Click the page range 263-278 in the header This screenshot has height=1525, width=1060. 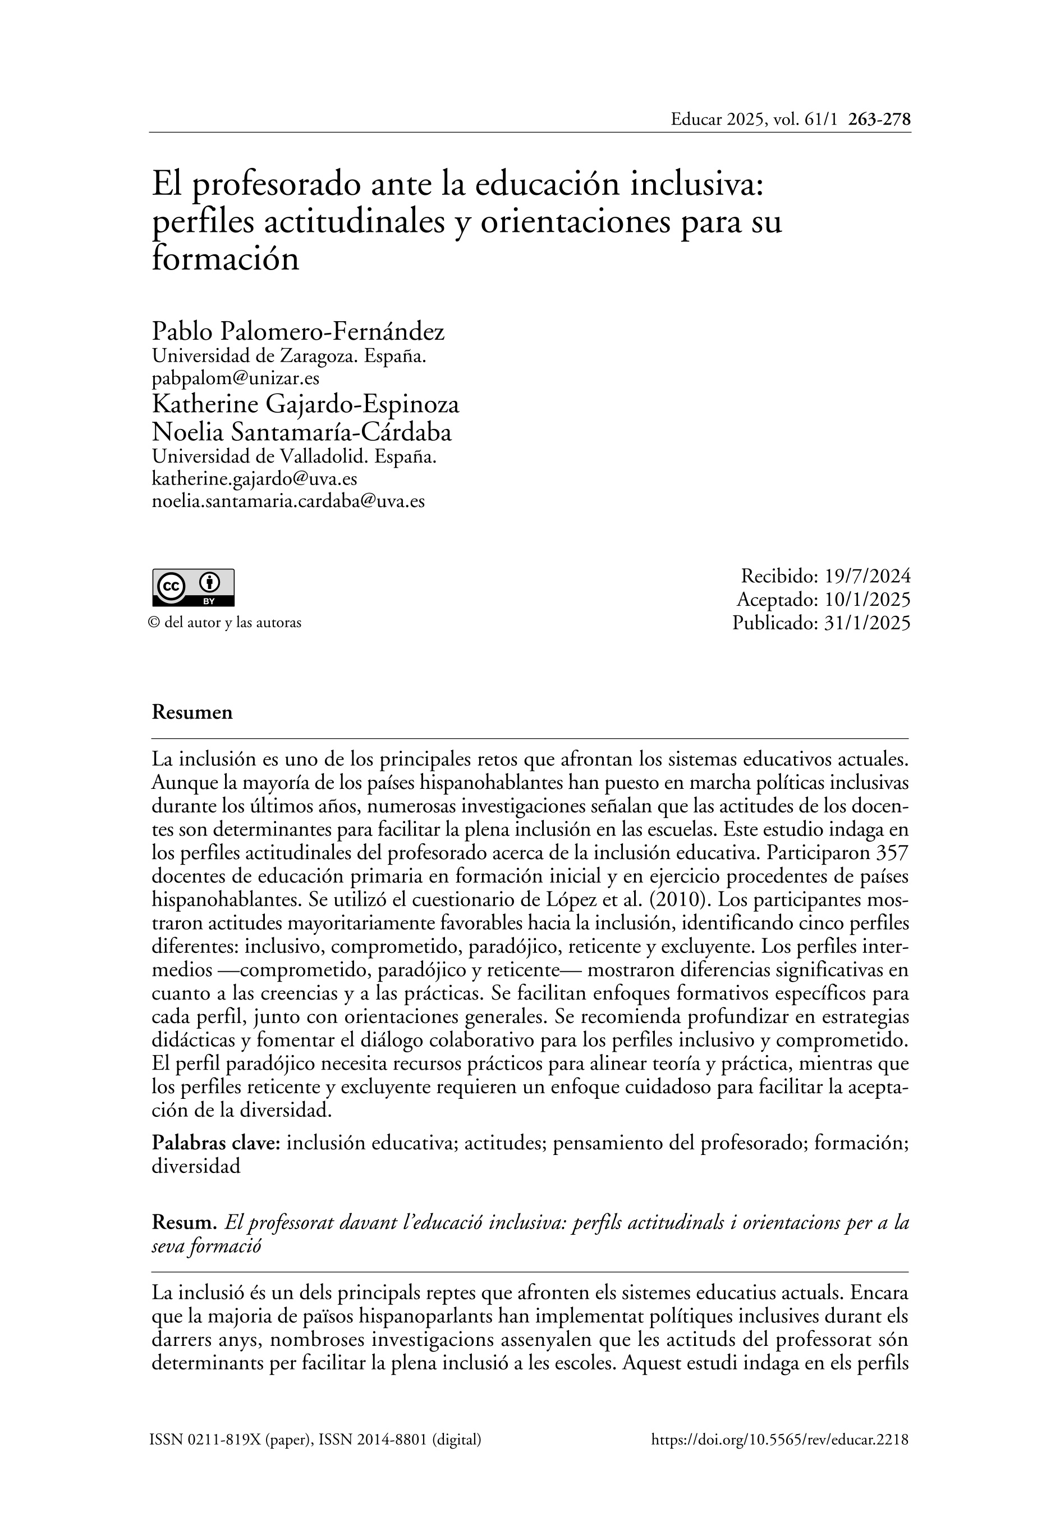[879, 120]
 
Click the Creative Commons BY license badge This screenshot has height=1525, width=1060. [193, 587]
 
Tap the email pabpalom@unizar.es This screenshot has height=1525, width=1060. [236, 378]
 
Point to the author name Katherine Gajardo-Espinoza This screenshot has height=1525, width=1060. [305, 404]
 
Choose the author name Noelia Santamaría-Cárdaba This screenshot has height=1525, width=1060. [301, 432]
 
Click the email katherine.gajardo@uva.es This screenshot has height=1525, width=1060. [254, 479]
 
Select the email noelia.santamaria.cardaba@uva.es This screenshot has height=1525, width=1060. [288, 501]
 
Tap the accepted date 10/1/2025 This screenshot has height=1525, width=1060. [868, 599]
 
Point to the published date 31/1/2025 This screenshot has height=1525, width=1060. [868, 623]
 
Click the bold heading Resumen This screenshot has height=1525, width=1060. [192, 712]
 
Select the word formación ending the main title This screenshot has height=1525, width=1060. [226, 259]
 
